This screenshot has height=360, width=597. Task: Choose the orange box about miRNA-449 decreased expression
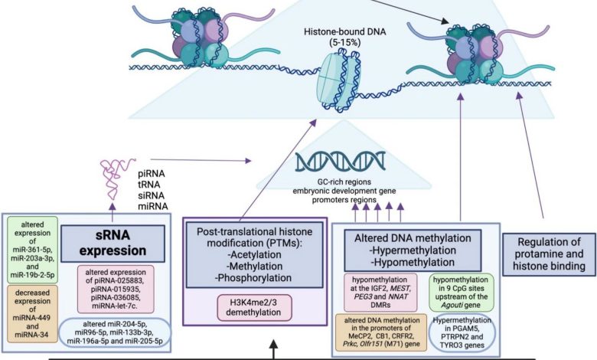point(33,303)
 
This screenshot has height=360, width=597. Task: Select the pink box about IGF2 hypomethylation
point(380,293)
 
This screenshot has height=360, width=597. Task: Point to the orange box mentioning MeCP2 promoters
point(380,329)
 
